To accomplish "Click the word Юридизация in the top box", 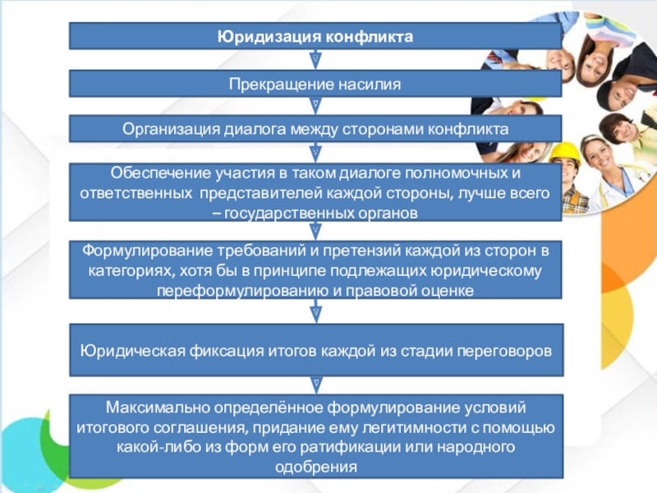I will tap(267, 36).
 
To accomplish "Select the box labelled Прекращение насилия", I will tap(315, 84).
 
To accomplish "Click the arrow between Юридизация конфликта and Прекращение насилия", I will tap(315, 60).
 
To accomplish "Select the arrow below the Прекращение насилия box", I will tap(315, 106).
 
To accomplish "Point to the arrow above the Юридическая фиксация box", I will tap(315, 313).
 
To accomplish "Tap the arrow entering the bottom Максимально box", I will tap(315, 383).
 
